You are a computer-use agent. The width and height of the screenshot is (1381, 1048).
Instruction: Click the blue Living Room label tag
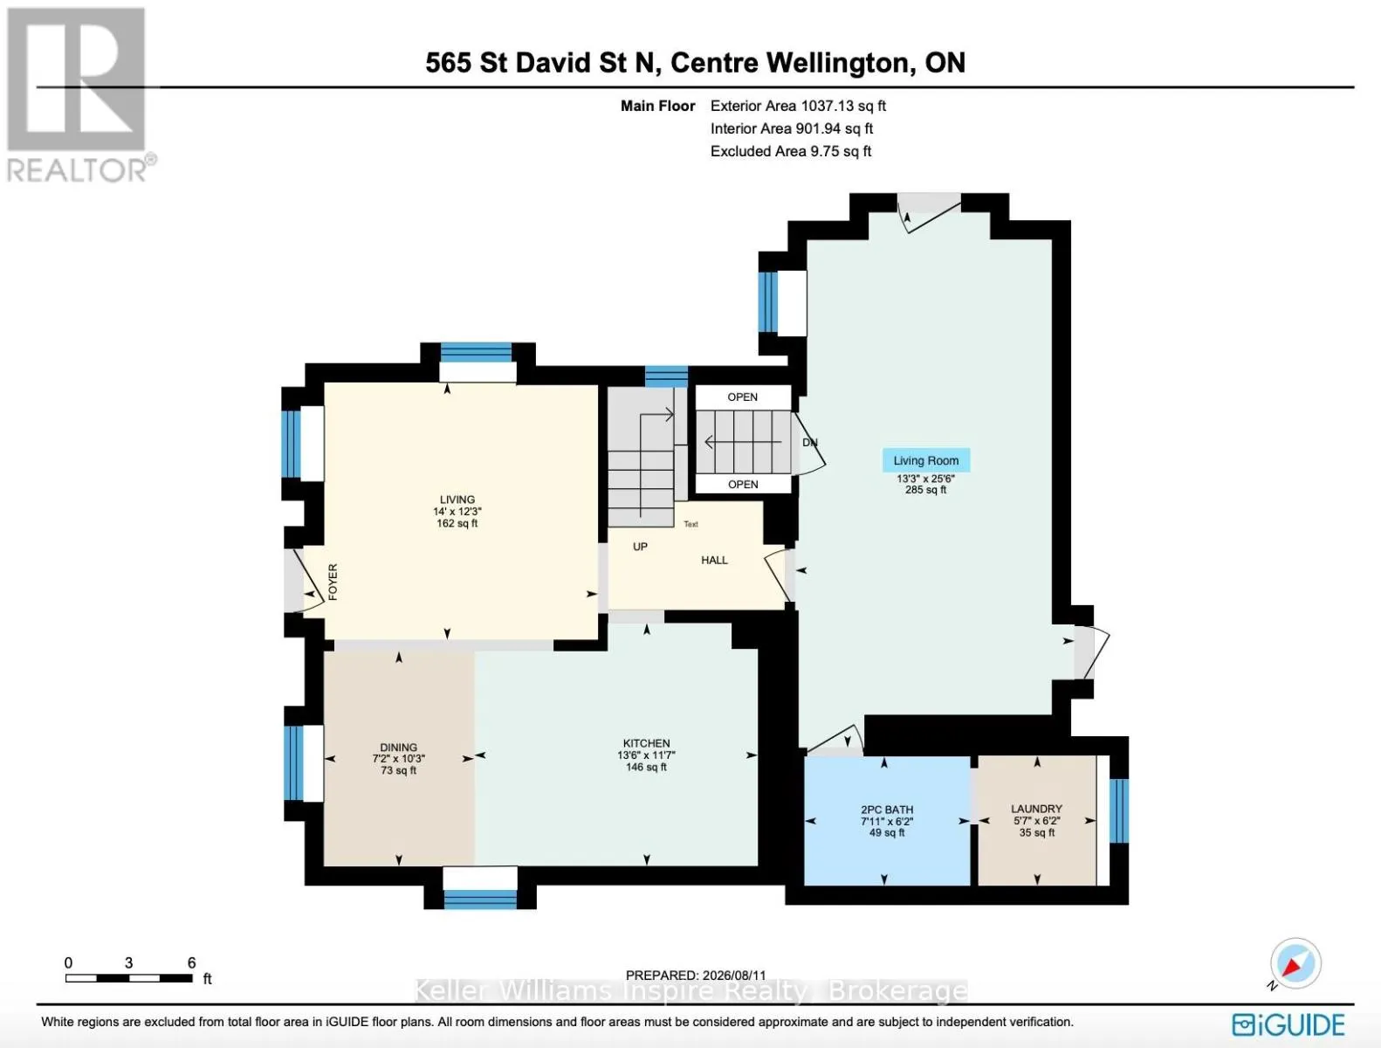(925, 460)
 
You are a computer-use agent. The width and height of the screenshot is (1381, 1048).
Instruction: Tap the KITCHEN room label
(646, 743)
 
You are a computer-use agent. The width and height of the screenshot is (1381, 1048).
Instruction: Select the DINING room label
(398, 747)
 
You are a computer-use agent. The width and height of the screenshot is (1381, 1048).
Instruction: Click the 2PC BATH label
(887, 810)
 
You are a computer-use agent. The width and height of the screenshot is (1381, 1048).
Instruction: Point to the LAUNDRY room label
(1036, 809)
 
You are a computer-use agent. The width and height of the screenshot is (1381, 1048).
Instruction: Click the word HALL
(714, 560)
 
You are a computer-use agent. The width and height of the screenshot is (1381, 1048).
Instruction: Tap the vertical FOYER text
(333, 582)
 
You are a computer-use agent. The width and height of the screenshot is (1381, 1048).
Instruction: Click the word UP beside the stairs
(640, 547)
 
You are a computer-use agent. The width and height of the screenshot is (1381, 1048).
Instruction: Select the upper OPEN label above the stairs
(742, 397)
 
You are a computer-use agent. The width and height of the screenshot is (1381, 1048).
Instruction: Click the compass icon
(1295, 963)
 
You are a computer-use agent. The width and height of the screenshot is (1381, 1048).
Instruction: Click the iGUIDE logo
(1288, 1025)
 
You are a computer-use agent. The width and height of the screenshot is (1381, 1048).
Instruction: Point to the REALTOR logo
(78, 95)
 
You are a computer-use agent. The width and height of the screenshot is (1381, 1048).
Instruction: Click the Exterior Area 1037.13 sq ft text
(798, 106)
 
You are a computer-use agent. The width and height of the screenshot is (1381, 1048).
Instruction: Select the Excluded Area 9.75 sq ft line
(791, 151)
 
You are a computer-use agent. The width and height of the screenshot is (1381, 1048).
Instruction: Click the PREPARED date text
(696, 975)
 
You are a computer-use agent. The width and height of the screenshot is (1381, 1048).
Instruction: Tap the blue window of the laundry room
(1118, 810)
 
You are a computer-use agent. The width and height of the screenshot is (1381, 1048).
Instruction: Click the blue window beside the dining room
(293, 763)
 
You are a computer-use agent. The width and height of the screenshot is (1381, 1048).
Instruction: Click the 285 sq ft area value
(925, 490)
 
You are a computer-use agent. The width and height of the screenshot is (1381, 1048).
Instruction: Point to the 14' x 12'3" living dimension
(457, 512)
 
